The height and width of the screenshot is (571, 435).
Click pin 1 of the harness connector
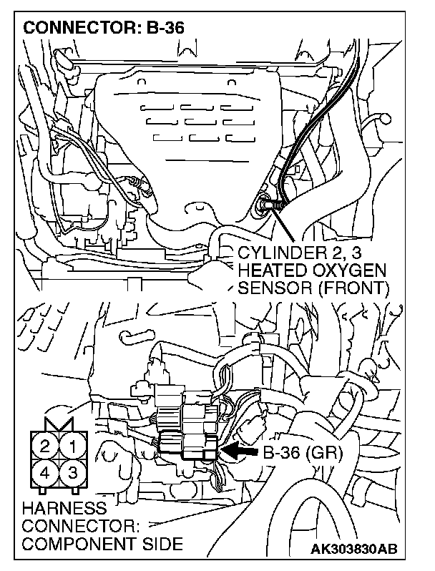pyautogui.click(x=72, y=447)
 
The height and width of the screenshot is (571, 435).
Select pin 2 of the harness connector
pyautogui.click(x=45, y=447)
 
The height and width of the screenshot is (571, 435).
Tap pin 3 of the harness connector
pyautogui.click(x=72, y=472)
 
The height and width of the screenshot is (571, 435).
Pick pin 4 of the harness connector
pyautogui.click(x=45, y=472)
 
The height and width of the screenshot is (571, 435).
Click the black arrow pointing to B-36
pyautogui.click(x=240, y=452)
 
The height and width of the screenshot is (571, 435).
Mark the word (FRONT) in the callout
pyautogui.click(x=352, y=288)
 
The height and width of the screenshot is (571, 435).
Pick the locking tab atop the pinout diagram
pyautogui.click(x=58, y=425)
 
